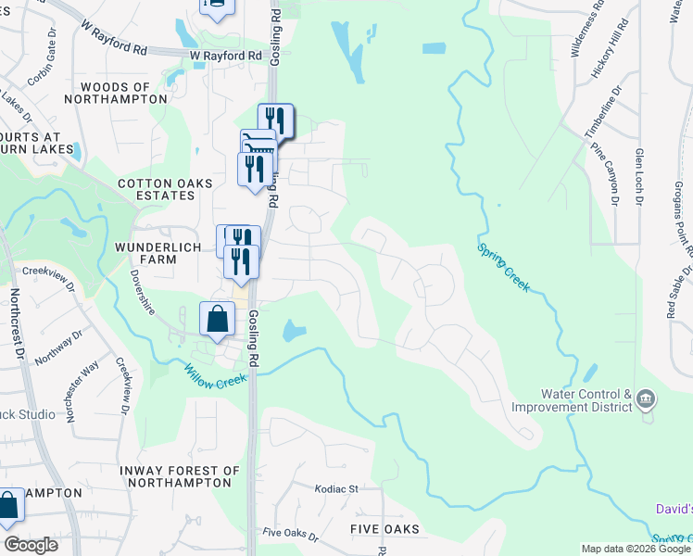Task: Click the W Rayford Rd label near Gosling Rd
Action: click(226, 56)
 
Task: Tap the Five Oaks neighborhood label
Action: click(384, 529)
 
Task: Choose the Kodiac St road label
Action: click(335, 488)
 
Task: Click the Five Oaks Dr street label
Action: click(290, 535)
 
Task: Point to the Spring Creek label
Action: click(503, 267)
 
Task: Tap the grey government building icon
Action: click(646, 400)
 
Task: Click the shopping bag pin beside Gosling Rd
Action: click(216, 321)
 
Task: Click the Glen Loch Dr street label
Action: click(639, 176)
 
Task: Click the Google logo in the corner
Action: click(31, 545)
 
